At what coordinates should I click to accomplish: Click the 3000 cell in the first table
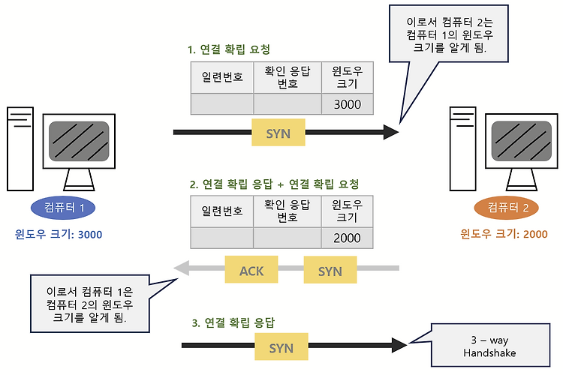pyautogui.click(x=348, y=104)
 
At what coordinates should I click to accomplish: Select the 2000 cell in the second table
pyautogui.click(x=347, y=238)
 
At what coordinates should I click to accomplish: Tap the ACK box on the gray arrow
pyautogui.click(x=251, y=269)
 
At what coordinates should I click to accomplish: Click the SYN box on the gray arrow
pyautogui.click(x=330, y=270)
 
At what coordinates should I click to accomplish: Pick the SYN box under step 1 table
pyautogui.click(x=278, y=133)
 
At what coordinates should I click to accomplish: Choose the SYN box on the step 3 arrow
pyautogui.click(x=281, y=346)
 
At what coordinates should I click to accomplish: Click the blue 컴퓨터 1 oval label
pyautogui.click(x=63, y=208)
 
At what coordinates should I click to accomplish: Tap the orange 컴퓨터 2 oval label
pyautogui.click(x=506, y=208)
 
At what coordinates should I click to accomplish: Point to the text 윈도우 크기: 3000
pyautogui.click(x=59, y=234)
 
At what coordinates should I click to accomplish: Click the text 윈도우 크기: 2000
pyautogui.click(x=504, y=234)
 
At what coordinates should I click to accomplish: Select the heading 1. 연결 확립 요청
pyautogui.click(x=229, y=49)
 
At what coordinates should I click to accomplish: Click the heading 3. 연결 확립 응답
pyautogui.click(x=233, y=322)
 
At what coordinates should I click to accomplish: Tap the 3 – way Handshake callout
pyautogui.click(x=490, y=345)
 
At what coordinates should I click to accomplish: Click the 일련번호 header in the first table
pyautogui.click(x=222, y=77)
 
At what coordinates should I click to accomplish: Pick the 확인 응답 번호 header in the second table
pyautogui.click(x=288, y=211)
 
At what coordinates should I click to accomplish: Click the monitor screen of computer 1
pyautogui.click(x=79, y=141)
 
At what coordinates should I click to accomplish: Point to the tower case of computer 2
pyautogui.click(x=463, y=148)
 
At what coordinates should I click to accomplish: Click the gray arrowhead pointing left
pyautogui.click(x=182, y=268)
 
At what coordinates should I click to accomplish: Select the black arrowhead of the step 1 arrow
pyautogui.click(x=390, y=132)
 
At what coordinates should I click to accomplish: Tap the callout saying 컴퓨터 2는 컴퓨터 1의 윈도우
pyautogui.click(x=449, y=34)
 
